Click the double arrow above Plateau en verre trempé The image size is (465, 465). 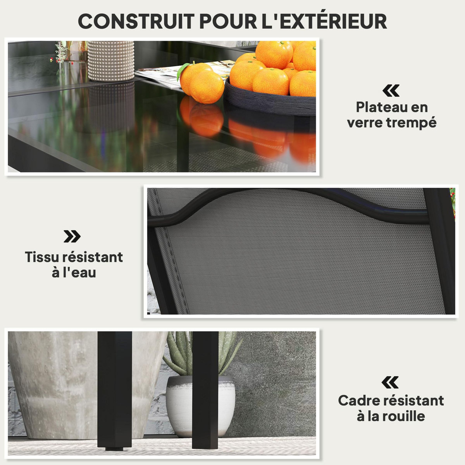391,91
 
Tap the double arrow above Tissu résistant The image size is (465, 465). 72,236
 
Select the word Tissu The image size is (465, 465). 41,257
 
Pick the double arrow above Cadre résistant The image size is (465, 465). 390,383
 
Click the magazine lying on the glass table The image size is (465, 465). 163,76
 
